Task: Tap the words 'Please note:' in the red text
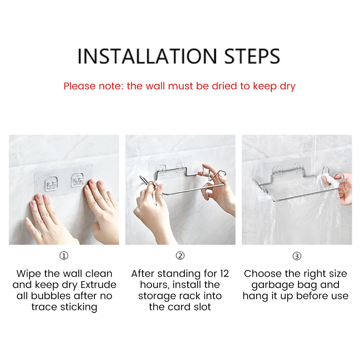click(x=94, y=86)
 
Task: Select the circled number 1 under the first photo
click(x=64, y=256)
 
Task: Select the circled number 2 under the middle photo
click(x=180, y=256)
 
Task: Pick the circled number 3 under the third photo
click(x=297, y=256)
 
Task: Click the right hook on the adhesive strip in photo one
click(x=77, y=180)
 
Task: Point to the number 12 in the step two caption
click(x=224, y=274)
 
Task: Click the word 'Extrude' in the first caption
click(x=98, y=285)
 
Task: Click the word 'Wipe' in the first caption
click(x=29, y=274)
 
